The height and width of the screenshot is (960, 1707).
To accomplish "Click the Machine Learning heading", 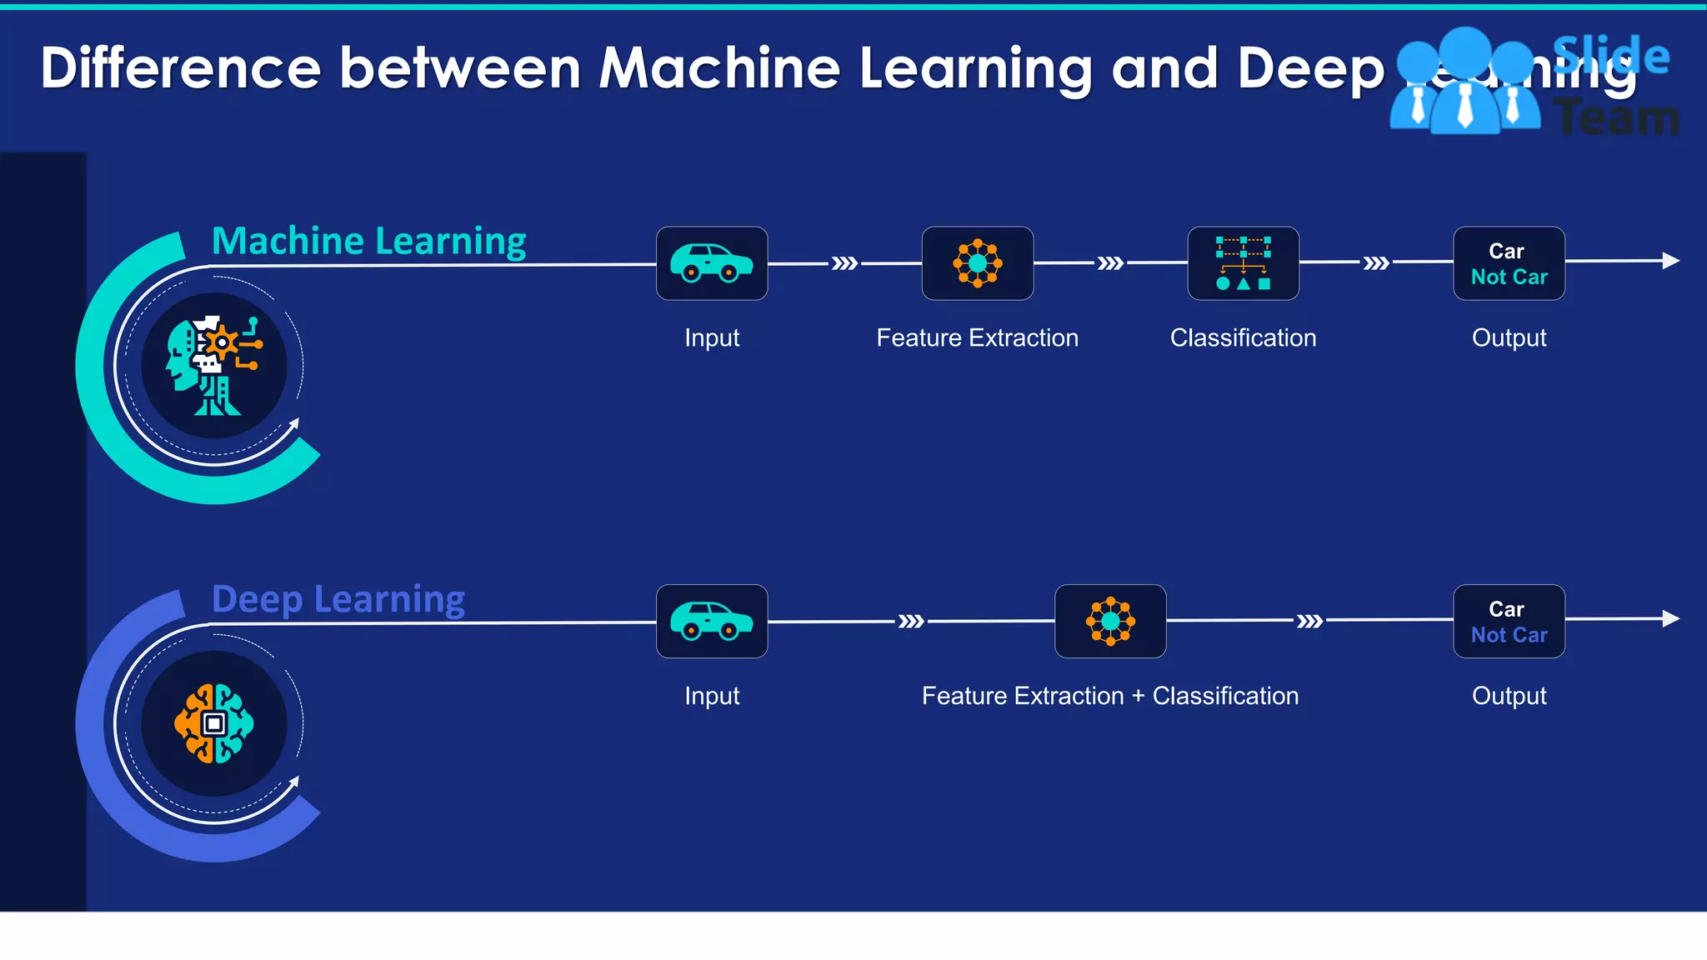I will point(368,242).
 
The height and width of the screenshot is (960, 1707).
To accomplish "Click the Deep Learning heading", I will point(338,600).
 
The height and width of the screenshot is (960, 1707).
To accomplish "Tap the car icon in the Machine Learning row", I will point(712,263).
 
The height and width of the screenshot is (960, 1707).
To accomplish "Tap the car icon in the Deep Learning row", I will point(712,622).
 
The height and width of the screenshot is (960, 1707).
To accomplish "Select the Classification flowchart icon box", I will point(1243,263).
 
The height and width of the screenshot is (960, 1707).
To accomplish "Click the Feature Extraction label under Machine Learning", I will point(977,337).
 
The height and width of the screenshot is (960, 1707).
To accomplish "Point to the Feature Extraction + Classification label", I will point(1109,696).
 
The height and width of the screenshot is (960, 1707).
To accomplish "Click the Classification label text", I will point(1243,337).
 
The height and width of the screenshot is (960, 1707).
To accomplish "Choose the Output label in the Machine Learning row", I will point(1509,337).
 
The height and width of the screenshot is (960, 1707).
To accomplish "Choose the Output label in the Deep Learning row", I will point(1509,696).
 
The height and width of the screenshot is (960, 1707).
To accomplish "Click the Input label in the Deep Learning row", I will point(712,696).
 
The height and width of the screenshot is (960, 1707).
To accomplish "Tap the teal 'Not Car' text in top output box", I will point(1509,277).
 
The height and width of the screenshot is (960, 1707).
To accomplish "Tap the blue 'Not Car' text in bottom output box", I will point(1509,636).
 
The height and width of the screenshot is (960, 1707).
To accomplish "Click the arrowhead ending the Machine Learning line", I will point(1670,261).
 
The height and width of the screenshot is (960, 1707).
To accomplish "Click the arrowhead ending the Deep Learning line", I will point(1670,618).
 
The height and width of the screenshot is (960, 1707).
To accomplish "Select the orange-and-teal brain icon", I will point(214,723).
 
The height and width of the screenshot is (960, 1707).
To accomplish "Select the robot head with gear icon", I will point(214,365).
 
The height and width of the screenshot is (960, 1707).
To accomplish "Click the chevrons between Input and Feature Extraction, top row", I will point(844,263).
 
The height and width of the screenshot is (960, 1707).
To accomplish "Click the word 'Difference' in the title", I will point(181,68).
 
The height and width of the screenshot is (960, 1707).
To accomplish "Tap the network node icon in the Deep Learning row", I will point(1110,622).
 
